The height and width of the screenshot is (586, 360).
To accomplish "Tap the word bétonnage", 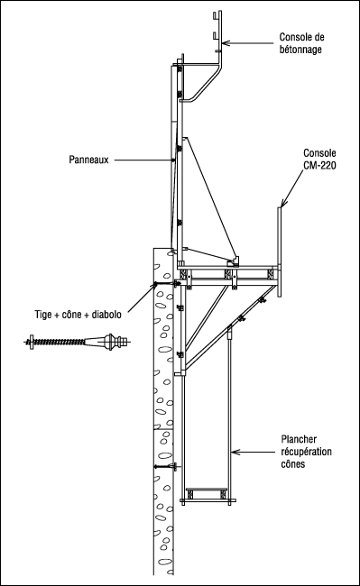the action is click(x=300, y=50).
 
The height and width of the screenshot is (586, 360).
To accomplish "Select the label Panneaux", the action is click(x=88, y=160).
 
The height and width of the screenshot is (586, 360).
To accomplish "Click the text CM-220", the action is click(x=319, y=165).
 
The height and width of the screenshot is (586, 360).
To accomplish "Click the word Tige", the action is click(x=43, y=315).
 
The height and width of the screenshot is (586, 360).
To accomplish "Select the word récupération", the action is click(x=306, y=452).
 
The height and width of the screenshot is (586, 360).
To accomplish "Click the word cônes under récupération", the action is click(x=292, y=463).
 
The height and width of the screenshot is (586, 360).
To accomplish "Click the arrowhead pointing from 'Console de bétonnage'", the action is click(x=225, y=43).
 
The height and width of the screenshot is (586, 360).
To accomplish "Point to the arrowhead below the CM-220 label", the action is click(x=282, y=204).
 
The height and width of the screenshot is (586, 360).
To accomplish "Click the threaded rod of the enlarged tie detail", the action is click(x=60, y=341).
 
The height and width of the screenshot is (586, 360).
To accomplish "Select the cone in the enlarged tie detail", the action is click(x=95, y=341).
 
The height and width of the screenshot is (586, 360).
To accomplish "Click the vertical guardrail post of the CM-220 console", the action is click(x=279, y=252).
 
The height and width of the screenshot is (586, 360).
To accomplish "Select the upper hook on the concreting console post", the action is click(x=216, y=16).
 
